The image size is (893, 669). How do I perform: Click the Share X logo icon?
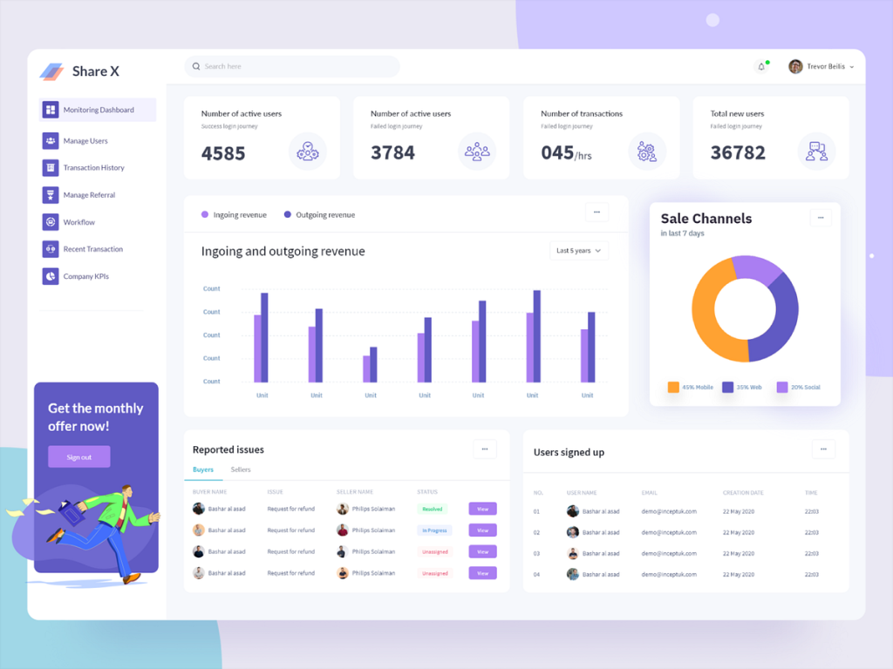pyautogui.click(x=52, y=71)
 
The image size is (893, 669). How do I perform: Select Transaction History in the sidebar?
pyautogui.click(x=93, y=167)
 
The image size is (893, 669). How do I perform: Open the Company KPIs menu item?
pyautogui.click(x=85, y=276)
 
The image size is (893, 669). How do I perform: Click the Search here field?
pyautogui.click(x=292, y=66)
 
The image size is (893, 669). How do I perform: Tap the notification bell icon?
pyautogui.click(x=761, y=66)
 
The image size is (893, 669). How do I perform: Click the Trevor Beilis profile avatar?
pyautogui.click(x=795, y=66)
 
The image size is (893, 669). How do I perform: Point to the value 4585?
pyautogui.click(x=223, y=153)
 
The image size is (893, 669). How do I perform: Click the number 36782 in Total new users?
pyautogui.click(x=738, y=152)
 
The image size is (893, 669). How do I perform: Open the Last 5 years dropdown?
pyautogui.click(x=579, y=251)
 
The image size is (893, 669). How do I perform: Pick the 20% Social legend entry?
pyautogui.click(x=799, y=387)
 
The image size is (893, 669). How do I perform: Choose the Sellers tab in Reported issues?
pyautogui.click(x=241, y=470)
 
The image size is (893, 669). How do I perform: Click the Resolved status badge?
pyautogui.click(x=433, y=509)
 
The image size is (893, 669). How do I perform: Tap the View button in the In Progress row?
pyautogui.click(x=482, y=530)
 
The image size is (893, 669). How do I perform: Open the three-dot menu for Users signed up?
pyautogui.click(x=823, y=449)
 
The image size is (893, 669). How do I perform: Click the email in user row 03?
pyautogui.click(x=669, y=553)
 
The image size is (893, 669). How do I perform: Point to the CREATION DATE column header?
pyautogui.click(x=743, y=493)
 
